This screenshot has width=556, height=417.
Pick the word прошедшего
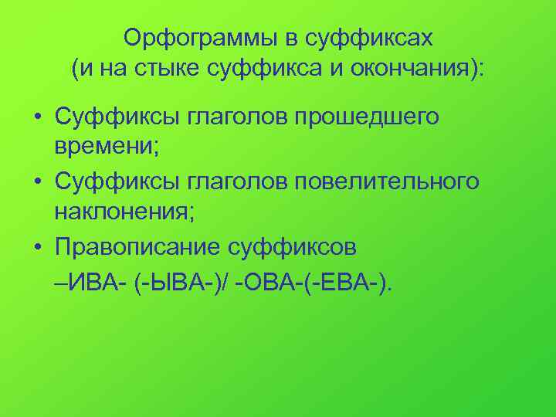point(368,117)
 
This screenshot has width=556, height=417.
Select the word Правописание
point(136,249)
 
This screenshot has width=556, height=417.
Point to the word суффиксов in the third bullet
point(292,249)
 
